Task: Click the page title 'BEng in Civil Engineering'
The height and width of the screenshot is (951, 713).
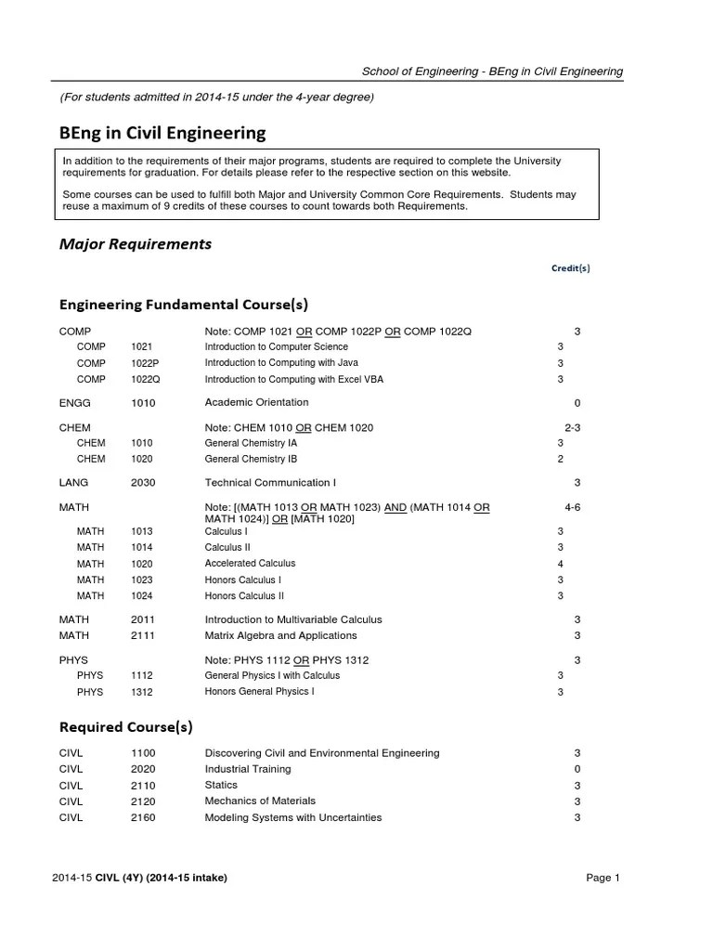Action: (162, 133)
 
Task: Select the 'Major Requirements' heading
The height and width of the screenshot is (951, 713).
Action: (136, 244)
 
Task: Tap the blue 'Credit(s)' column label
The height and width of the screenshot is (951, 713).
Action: (570, 268)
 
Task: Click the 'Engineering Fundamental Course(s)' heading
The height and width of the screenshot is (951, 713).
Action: (184, 305)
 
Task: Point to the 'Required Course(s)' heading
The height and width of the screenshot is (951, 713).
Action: (126, 726)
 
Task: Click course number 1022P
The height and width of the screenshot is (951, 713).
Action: (145, 363)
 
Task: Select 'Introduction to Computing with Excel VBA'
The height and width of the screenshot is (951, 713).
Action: (293, 379)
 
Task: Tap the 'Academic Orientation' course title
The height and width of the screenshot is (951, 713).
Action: (256, 403)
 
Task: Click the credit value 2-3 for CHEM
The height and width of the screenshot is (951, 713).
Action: (572, 427)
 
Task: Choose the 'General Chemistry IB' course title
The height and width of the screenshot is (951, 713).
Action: (251, 459)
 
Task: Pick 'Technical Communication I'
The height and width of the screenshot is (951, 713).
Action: (270, 483)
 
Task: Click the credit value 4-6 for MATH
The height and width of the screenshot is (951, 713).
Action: (572, 507)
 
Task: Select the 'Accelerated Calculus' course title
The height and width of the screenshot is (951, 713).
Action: (250, 564)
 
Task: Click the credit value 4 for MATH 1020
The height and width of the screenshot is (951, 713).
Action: (560, 564)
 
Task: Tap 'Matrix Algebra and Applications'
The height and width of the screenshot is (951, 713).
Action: (280, 635)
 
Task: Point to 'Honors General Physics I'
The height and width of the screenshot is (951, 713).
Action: (259, 692)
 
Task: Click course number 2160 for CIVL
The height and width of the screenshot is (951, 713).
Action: (143, 817)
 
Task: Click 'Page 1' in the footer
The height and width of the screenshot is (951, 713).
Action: (603, 878)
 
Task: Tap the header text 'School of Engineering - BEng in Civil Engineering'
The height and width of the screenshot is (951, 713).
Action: (492, 72)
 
